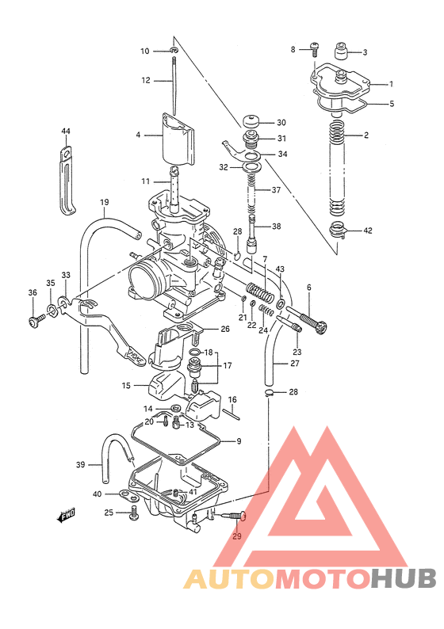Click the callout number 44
click(66, 131)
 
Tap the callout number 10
click(144, 51)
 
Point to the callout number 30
click(281, 123)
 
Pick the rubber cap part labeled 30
click(253, 122)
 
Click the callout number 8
click(293, 49)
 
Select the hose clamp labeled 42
click(339, 231)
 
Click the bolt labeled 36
click(36, 320)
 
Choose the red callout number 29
click(236, 537)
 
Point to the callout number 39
click(80, 464)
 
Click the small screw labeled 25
click(133, 513)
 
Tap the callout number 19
click(104, 203)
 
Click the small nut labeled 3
click(342, 52)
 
